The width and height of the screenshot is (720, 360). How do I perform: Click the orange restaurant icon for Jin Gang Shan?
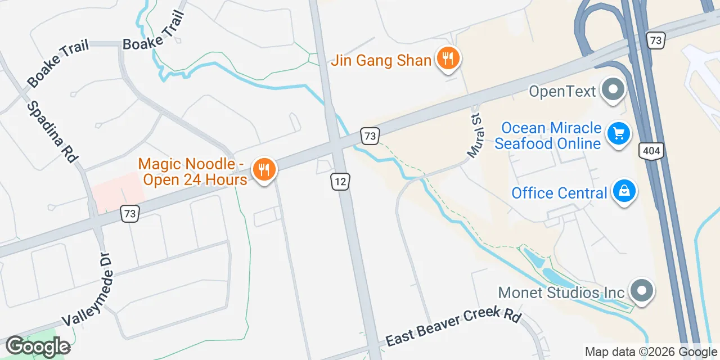pos(448,58)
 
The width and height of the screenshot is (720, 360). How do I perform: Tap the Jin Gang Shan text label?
pos(381,61)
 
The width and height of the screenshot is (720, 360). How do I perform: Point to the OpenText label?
pos(562,91)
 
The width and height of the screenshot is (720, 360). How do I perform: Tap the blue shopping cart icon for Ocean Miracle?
pos(619,134)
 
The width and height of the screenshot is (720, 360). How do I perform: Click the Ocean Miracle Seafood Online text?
pos(548,136)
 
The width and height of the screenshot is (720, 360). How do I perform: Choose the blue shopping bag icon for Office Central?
pos(624,192)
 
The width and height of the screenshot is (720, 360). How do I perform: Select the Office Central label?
pos(559,193)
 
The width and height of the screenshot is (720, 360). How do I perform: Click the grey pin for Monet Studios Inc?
pos(641,291)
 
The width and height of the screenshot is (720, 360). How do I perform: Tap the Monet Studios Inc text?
pos(561,292)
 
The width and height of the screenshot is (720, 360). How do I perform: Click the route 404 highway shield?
pos(651,150)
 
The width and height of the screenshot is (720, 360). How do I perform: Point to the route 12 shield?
pos(340,181)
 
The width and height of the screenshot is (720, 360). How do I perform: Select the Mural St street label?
pos(475,137)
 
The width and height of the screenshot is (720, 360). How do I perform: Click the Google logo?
pos(38,346)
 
